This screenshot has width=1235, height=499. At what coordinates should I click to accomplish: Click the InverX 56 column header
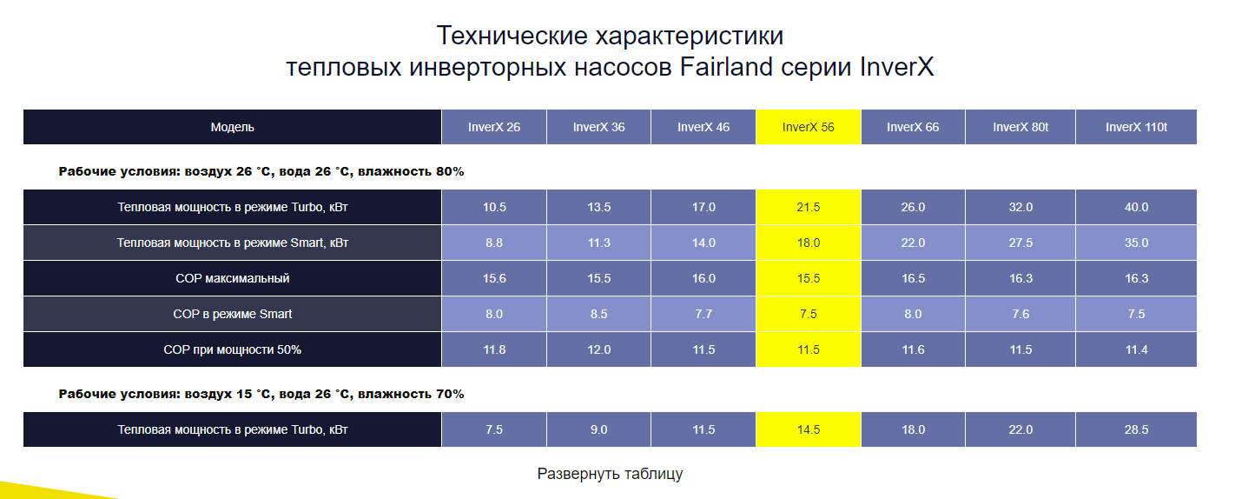point(809,127)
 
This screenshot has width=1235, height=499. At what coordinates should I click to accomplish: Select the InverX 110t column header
point(1136,127)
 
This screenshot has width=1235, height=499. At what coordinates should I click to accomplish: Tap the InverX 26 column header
point(494,127)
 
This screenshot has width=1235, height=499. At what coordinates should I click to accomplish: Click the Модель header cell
point(232,127)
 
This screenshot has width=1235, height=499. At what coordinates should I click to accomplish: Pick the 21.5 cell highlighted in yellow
point(809,207)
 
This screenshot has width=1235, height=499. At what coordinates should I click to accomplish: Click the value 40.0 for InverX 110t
point(1136,207)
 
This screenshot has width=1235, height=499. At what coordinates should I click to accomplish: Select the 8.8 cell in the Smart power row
point(494,243)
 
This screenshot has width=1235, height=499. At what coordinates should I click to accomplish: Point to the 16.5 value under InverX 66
point(913,278)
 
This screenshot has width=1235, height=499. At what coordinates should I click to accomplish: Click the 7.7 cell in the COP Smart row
point(703,314)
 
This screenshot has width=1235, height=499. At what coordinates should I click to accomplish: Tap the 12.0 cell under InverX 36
point(598,349)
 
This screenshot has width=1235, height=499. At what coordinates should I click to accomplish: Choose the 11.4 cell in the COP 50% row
point(1136,349)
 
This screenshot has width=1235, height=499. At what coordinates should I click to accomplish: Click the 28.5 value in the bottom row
point(1136,429)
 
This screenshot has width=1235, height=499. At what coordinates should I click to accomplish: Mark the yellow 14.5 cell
point(809,429)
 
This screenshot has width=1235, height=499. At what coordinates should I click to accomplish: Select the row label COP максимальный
point(232,278)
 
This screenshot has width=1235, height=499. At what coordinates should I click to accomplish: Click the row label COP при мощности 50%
point(232,349)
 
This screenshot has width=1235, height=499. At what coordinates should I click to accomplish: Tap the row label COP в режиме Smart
point(232,314)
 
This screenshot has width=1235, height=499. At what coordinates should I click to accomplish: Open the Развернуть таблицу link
point(610,474)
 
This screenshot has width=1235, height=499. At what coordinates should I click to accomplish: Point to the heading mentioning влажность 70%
point(261,394)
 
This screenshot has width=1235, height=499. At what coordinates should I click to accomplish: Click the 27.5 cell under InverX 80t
point(1020,243)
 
